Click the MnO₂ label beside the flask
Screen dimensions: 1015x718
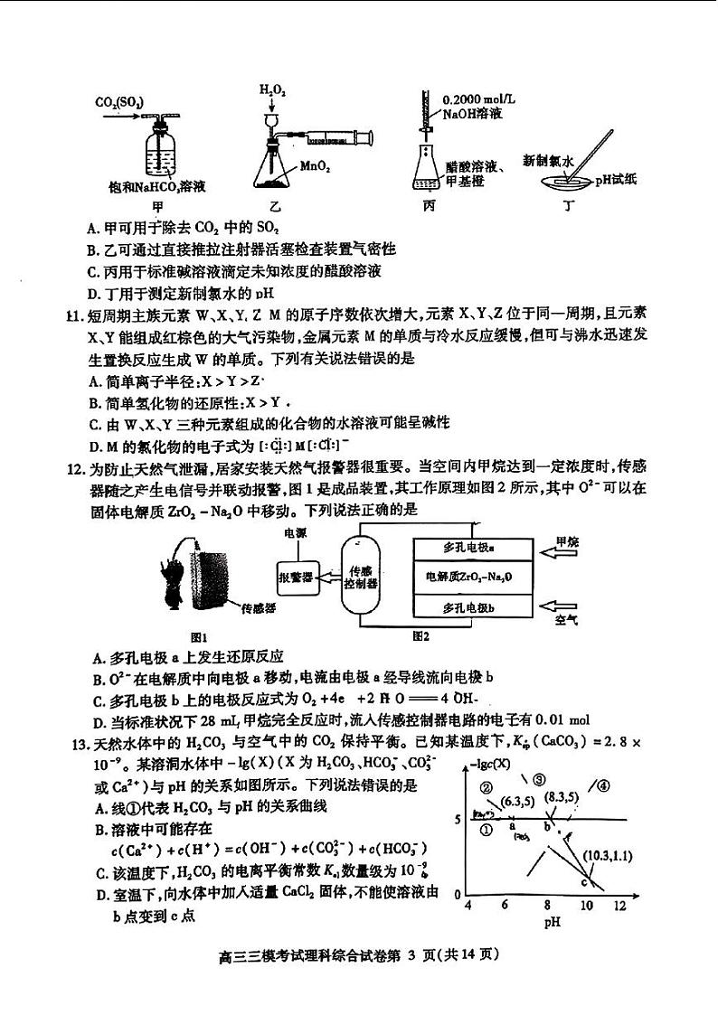(315, 166)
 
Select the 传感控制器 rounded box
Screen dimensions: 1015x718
(361, 578)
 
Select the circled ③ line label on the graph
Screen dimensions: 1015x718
(540, 780)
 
